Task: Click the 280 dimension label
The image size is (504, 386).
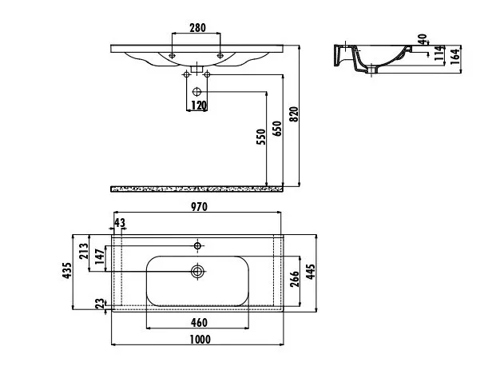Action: pos(197,28)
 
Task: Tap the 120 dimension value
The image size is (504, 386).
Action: pos(199,105)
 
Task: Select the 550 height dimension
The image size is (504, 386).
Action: pos(262,137)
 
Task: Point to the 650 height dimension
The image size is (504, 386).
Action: pos(277,129)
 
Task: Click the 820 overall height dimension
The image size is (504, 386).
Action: pos(294,114)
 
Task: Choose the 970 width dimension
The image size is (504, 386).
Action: pos(200,207)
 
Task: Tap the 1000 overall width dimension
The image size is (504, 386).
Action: pos(200,340)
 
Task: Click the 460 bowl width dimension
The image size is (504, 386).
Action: pos(199,322)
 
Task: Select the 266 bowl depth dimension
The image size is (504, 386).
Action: pos(295,279)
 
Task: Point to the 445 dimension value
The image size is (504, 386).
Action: pos(311,272)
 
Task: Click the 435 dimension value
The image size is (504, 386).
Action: pos(67,271)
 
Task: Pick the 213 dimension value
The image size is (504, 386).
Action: pos(83,251)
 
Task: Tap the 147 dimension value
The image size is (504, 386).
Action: pos(100,257)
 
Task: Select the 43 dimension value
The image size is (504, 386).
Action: pos(120,223)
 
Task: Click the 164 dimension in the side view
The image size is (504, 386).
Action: pos(454,57)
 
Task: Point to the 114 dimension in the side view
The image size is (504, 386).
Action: pos(439,54)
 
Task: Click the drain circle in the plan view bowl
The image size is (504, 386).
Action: pos(197,271)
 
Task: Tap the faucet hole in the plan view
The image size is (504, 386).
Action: pos(197,246)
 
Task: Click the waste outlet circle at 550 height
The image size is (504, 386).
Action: pos(196,92)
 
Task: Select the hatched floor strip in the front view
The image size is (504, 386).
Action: pos(196,189)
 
